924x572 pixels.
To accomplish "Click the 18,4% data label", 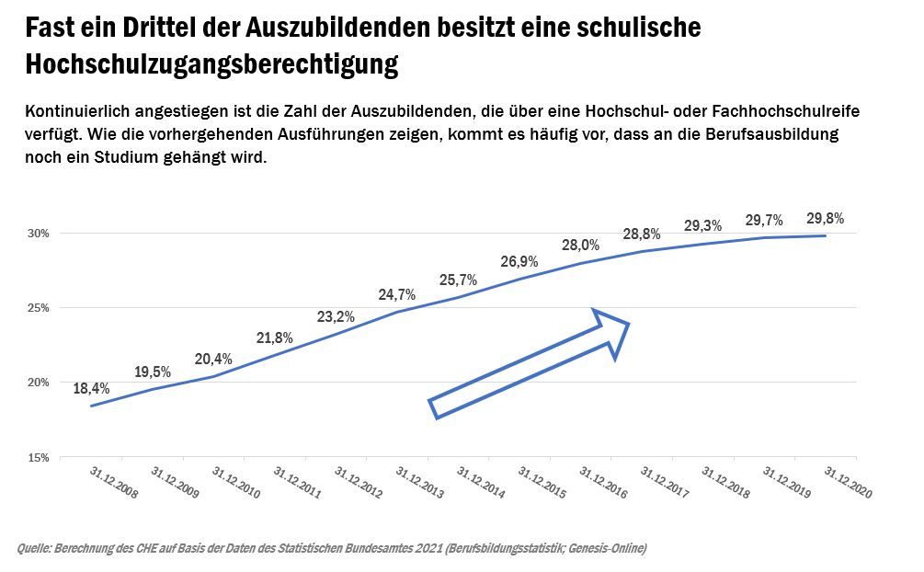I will [91, 388].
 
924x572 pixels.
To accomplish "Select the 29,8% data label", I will [825, 219].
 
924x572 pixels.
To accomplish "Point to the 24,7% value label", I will [397, 295].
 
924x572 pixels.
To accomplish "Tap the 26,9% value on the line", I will [519, 261].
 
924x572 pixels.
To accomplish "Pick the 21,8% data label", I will [275, 337].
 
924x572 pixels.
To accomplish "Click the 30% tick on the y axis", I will [38, 234].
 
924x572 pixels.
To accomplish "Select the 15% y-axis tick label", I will [38, 457].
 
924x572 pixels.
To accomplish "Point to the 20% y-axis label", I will [38, 383].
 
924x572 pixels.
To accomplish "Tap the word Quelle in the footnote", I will [36, 549].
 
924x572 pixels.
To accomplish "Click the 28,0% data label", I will [581, 245].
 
